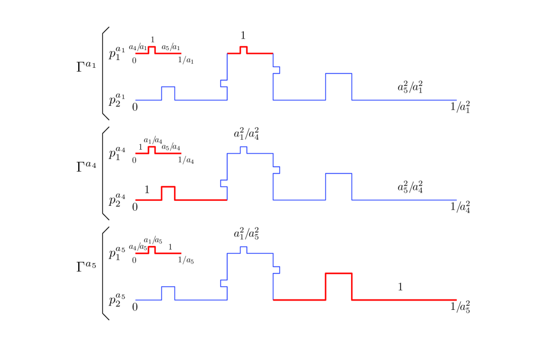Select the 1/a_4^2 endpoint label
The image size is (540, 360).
click(x=460, y=207)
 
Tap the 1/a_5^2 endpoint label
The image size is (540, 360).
click(x=460, y=307)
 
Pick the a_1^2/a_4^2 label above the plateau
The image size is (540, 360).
click(x=246, y=134)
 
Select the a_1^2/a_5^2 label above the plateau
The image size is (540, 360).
click(x=246, y=234)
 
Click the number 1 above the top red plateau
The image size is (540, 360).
click(x=243, y=36)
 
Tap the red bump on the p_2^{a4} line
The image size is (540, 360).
click(x=168, y=188)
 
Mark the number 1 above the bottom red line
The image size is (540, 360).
click(x=400, y=287)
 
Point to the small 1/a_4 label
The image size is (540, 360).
click(x=186, y=160)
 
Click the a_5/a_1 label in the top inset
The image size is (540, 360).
click(x=171, y=48)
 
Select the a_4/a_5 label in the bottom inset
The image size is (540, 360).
click(x=138, y=247)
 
